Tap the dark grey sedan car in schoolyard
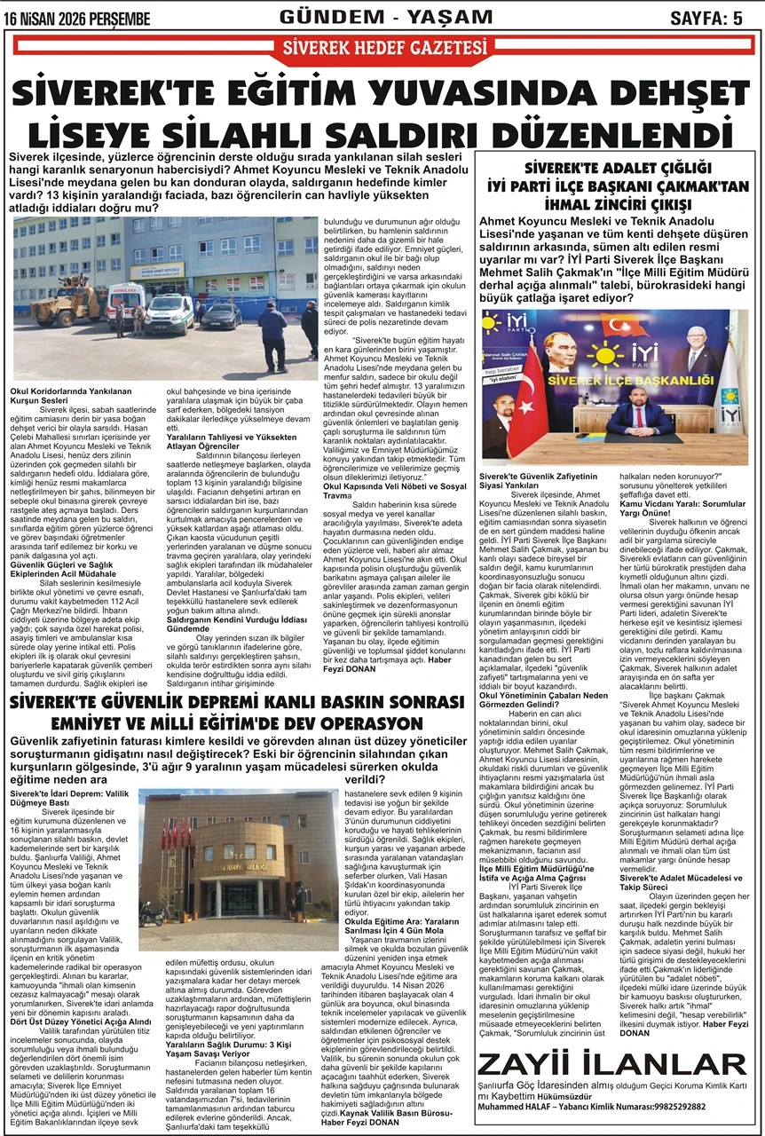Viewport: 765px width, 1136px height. click(x=221, y=314)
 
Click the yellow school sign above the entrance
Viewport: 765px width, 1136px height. click(x=158, y=268)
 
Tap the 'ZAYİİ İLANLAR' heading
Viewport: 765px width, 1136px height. click(x=611, y=1066)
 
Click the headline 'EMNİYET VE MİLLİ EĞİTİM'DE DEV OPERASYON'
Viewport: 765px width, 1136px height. click(x=236, y=723)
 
